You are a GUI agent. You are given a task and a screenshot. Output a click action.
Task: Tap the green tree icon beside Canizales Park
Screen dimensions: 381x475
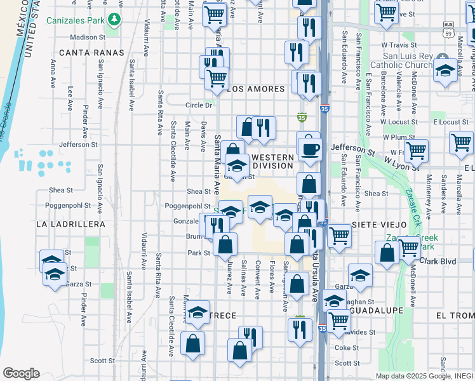click(x=114, y=20)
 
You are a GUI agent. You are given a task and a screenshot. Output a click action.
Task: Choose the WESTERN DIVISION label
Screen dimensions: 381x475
click(x=273, y=161)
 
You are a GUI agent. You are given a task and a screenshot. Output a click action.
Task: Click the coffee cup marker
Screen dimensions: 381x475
click(x=311, y=149)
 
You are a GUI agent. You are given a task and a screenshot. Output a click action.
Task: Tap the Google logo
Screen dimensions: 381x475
click(x=21, y=373)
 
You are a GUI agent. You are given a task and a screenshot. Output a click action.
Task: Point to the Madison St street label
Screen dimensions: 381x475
click(x=88, y=37)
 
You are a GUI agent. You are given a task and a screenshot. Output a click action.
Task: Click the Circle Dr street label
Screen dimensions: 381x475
click(x=197, y=105)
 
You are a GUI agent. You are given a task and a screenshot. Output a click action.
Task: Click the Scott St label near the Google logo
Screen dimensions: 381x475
click(x=102, y=360)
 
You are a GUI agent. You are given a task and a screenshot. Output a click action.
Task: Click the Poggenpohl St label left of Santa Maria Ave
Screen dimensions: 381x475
click(x=187, y=206)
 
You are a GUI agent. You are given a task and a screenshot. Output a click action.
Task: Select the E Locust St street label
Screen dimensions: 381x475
click(x=450, y=121)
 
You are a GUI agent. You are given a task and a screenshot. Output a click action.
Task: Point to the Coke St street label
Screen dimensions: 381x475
click(x=347, y=347)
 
